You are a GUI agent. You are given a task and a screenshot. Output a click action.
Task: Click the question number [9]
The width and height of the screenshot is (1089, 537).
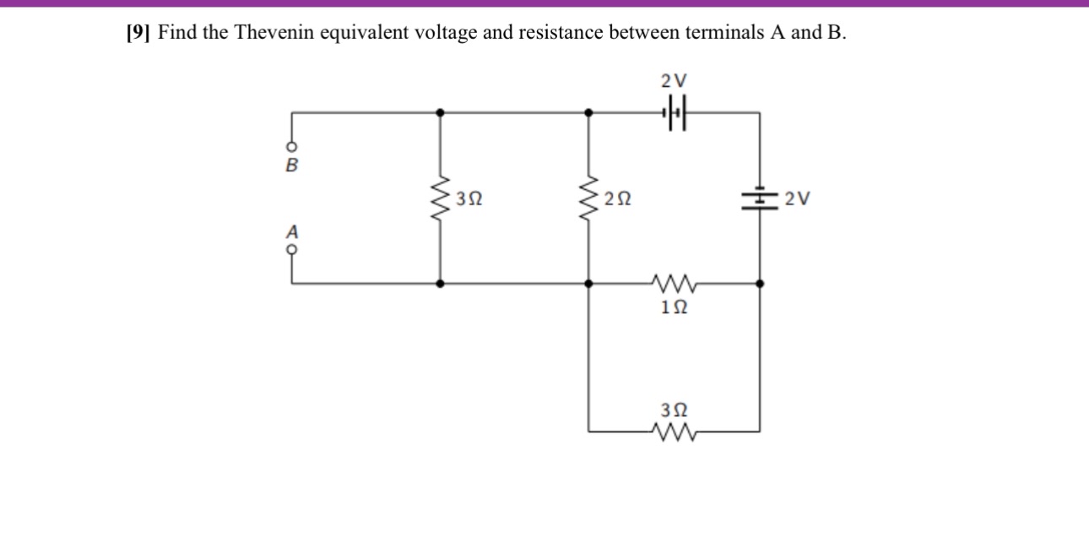click(x=138, y=33)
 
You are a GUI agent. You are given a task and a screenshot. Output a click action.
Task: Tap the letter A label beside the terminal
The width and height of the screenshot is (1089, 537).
click(x=292, y=230)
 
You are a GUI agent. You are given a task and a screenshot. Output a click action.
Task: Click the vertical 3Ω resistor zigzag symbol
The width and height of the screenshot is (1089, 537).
click(x=439, y=200)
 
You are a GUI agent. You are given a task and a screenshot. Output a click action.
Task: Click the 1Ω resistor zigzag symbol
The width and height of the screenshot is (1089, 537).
click(x=674, y=280)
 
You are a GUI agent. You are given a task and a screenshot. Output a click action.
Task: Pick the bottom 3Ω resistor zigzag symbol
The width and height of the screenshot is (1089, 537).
click(x=674, y=434)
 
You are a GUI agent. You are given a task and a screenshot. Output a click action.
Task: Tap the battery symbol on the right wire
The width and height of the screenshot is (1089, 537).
click(x=759, y=199)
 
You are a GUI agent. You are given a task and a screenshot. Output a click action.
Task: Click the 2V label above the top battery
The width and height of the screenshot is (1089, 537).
click(x=674, y=81)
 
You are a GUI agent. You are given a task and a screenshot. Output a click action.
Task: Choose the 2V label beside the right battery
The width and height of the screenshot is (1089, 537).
click(x=797, y=200)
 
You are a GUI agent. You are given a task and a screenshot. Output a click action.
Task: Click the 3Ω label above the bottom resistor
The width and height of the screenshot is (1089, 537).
click(x=674, y=410)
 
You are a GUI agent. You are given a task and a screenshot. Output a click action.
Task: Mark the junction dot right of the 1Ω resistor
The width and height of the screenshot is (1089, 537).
click(x=760, y=285)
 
